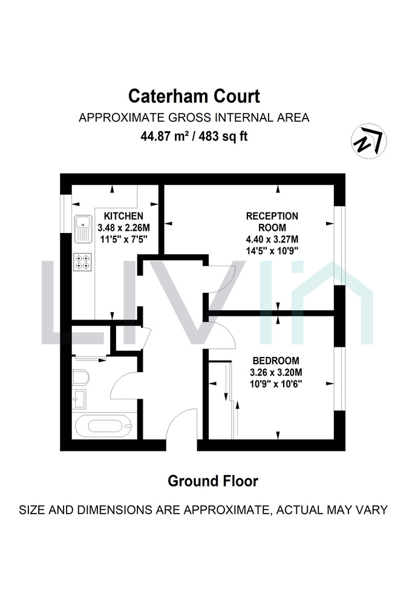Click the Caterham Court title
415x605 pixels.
click(194, 96)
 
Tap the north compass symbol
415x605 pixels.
click(368, 141)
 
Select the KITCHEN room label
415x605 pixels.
click(124, 216)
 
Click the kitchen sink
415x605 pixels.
click(83, 229)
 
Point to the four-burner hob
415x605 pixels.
click(82, 261)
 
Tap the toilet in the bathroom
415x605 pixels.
click(80, 378)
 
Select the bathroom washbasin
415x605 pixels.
click(79, 399)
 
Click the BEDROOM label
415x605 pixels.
click(276, 361)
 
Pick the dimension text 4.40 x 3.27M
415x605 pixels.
click(272, 239)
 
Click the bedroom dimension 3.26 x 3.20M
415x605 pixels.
click(276, 373)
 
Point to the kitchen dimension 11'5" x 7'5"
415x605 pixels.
click(124, 239)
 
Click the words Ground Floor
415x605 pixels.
click(213, 481)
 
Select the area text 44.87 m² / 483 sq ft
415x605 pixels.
click(194, 136)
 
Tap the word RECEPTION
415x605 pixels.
click(272, 216)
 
